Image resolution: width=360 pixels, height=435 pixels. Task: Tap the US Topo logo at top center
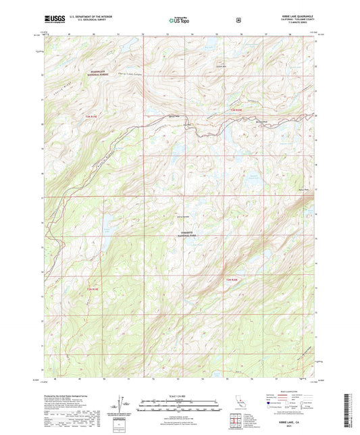tap(180, 20)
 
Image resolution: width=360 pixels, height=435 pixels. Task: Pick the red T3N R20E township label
tap(234, 109)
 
